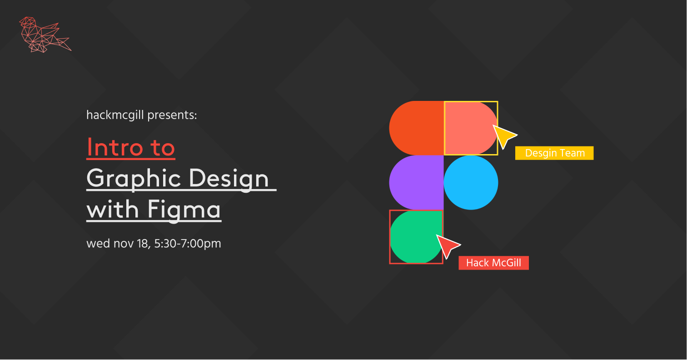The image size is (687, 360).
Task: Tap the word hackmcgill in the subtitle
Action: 115,115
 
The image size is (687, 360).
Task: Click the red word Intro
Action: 115,147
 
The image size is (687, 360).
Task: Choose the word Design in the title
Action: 229,179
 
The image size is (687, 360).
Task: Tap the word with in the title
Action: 113,209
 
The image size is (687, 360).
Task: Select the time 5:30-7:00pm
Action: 187,244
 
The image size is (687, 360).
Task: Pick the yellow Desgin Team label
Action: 554,153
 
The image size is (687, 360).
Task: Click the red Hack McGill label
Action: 493,263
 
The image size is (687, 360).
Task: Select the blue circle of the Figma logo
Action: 471,183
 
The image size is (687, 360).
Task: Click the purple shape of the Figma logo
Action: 416,183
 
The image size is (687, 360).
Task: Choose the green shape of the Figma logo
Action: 416,237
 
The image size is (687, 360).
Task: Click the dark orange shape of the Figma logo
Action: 416,128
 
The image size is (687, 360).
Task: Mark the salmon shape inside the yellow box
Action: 471,128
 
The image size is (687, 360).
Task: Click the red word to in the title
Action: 163,148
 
